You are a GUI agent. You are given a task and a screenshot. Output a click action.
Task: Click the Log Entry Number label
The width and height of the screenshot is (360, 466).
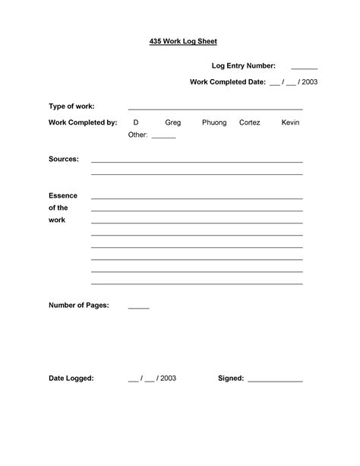[243, 66]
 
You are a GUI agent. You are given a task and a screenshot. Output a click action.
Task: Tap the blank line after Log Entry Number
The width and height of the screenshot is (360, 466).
[304, 68]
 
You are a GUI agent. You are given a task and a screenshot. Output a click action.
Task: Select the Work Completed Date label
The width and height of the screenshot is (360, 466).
[227, 81]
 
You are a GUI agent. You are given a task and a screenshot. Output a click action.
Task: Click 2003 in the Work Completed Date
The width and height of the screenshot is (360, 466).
[309, 81]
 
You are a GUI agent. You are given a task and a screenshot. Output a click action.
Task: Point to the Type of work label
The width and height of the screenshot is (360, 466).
[71, 106]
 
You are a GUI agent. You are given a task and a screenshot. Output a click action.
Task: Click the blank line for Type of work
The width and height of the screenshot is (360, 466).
[215, 109]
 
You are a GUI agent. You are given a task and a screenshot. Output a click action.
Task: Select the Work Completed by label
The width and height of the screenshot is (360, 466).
[82, 122]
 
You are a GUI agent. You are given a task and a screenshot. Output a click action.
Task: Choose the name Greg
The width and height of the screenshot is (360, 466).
[173, 122]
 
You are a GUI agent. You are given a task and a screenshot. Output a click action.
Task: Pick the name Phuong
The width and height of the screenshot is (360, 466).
[214, 122]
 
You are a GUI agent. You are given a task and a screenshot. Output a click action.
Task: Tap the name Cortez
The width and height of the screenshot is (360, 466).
[249, 122]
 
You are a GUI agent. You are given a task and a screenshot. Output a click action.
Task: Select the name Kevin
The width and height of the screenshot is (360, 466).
[290, 122]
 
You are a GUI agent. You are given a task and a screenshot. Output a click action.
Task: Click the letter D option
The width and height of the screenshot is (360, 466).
[136, 122]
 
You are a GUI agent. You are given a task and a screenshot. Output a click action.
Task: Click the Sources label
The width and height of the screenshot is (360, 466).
[64, 160]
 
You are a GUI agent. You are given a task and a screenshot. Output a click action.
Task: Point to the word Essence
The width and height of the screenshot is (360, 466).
[63, 195]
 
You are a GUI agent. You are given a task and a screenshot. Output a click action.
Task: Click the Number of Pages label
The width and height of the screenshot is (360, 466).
[78, 306]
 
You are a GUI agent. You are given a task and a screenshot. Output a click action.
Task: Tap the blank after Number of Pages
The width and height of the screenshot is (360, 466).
[138, 308]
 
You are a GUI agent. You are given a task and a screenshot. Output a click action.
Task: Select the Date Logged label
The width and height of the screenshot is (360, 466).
[71, 378]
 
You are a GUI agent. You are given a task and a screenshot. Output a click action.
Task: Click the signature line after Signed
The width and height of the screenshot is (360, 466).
[275, 380]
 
